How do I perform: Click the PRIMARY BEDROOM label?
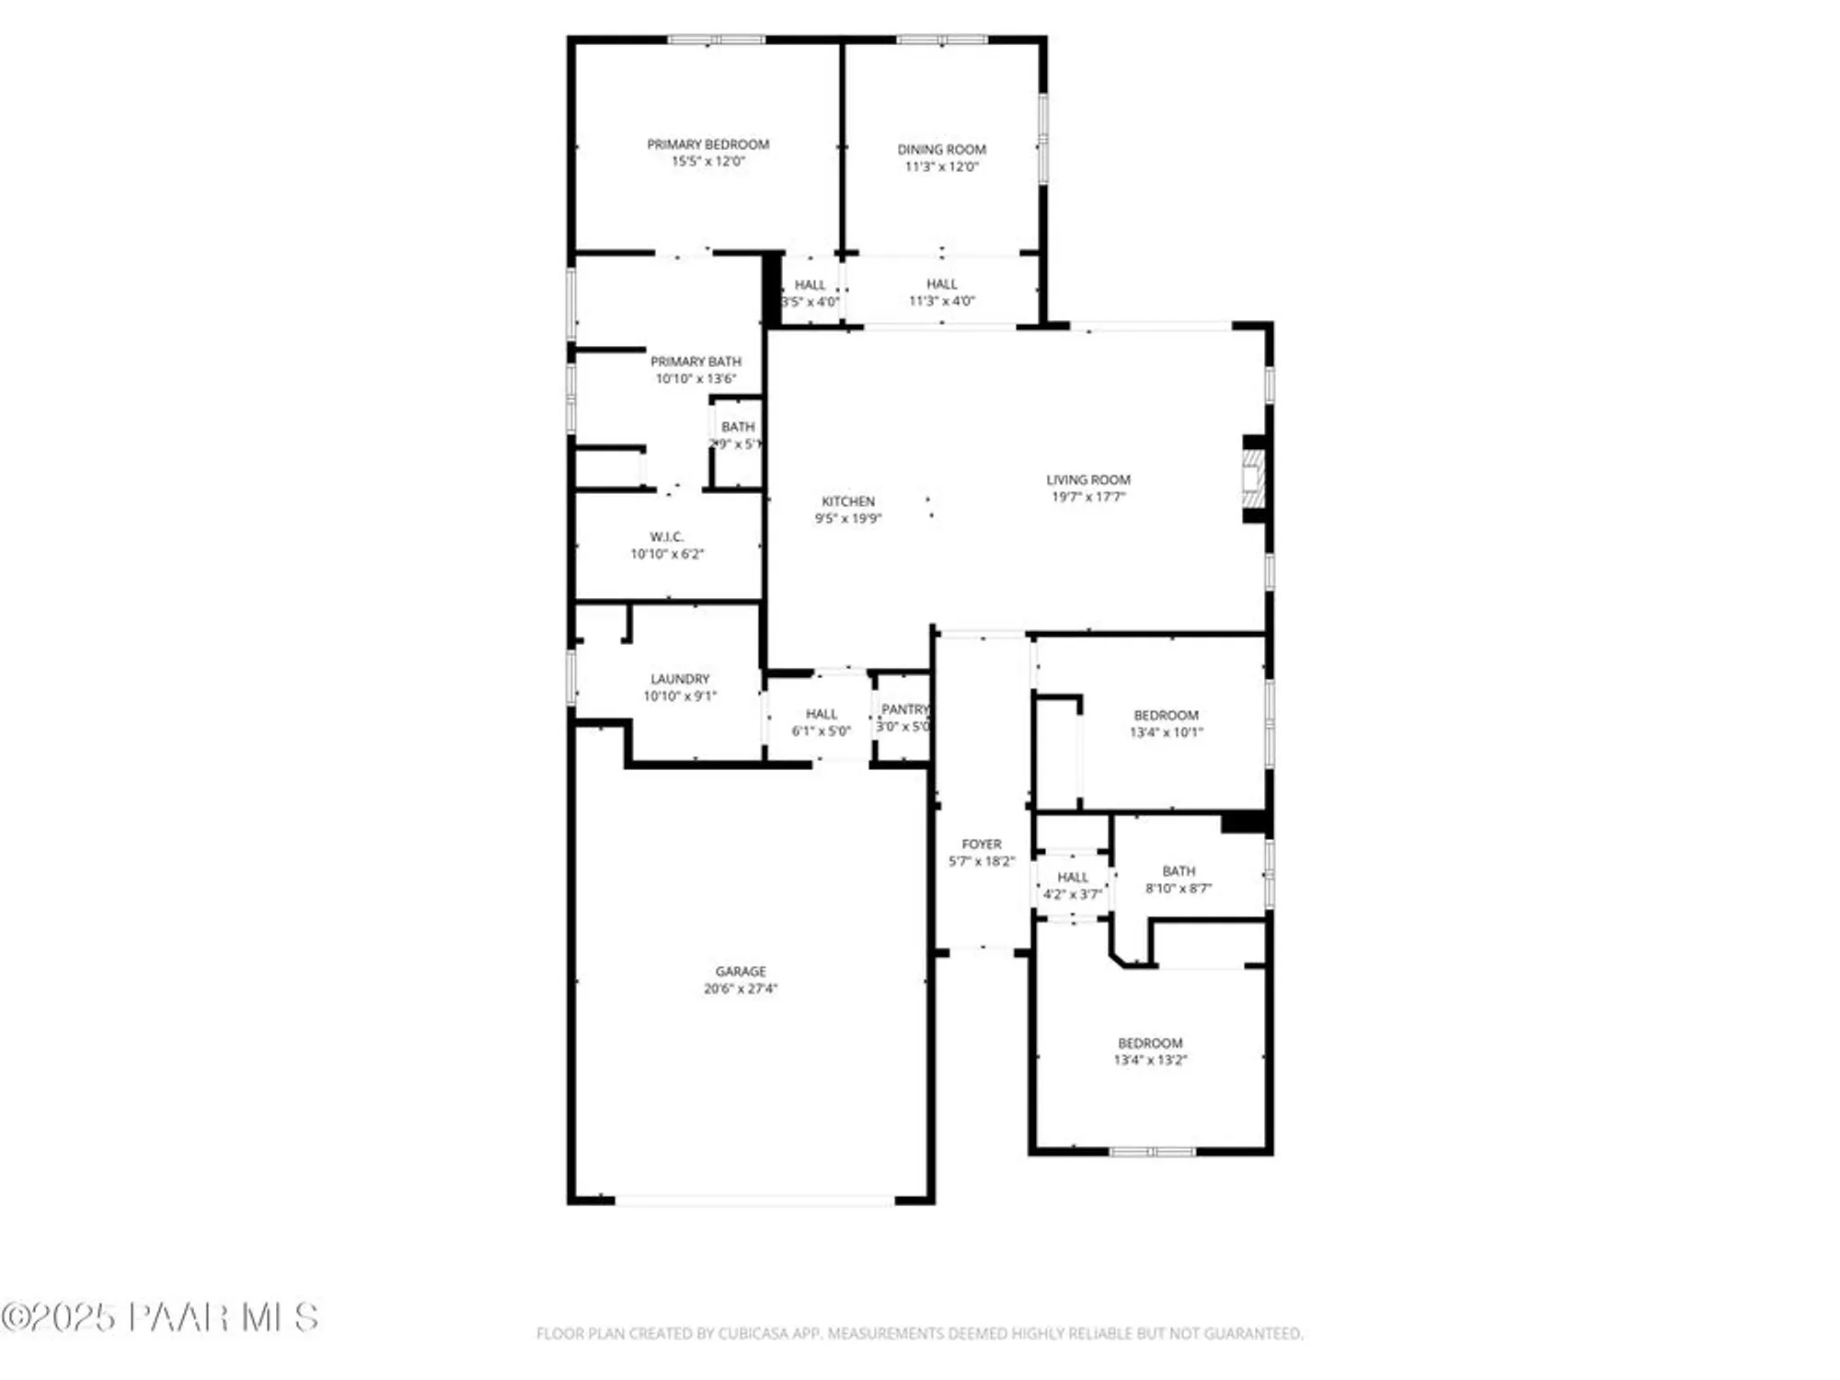click(x=707, y=144)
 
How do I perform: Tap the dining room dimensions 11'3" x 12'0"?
click(x=941, y=167)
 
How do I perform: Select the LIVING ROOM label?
click(x=1087, y=479)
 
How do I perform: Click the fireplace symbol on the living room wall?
click(x=1253, y=479)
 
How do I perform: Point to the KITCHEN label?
click(x=847, y=501)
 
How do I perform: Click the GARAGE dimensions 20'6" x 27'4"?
click(x=740, y=989)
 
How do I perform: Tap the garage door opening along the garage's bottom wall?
click(x=754, y=1200)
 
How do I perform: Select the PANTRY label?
click(x=904, y=709)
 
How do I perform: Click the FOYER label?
click(x=981, y=844)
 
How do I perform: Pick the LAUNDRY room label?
click(x=680, y=679)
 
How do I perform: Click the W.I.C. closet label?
click(x=666, y=536)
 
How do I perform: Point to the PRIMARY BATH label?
click(x=696, y=362)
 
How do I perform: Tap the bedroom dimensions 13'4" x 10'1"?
click(x=1166, y=732)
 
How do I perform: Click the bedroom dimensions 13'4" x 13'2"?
click(x=1150, y=1060)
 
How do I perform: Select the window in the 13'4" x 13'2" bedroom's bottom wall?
click(x=1151, y=1151)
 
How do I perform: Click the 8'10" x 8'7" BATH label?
click(x=1179, y=871)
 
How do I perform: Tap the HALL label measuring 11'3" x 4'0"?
click(x=941, y=284)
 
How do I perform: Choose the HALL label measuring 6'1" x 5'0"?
click(x=821, y=714)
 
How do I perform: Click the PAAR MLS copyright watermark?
click(x=161, y=1317)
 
